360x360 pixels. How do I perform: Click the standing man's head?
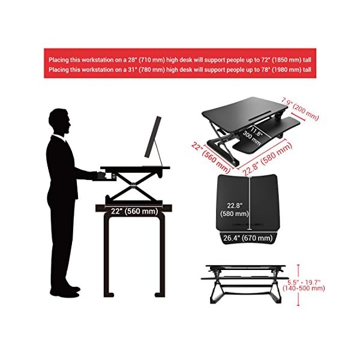[59, 121]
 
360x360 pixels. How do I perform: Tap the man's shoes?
[65, 292]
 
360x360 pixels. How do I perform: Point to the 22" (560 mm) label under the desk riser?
[134, 211]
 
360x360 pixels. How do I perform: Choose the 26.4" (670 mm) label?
[248, 238]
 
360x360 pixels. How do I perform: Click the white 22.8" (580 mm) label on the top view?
[235, 209]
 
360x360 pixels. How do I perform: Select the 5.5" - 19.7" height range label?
[304, 282]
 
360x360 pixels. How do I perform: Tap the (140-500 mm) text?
[304, 288]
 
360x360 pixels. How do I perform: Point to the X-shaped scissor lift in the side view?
[134, 184]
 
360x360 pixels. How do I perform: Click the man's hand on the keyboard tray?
[101, 175]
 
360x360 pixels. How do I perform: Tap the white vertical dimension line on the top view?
[250, 203]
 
